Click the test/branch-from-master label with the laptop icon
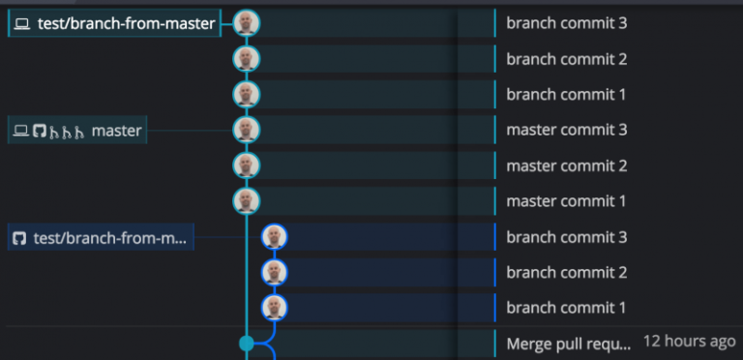pyautogui.click(x=126, y=24)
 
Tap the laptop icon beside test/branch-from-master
pyautogui.click(x=22, y=24)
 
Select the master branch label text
pyautogui.click(x=116, y=131)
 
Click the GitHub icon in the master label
pyautogui.click(x=40, y=131)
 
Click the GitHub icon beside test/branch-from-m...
pyautogui.click(x=19, y=237)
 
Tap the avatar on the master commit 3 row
pyautogui.click(x=247, y=130)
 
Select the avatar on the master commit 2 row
pyautogui.click(x=247, y=165)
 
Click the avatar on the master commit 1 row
pyautogui.click(x=247, y=201)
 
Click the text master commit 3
pyautogui.click(x=567, y=130)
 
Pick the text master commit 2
pyautogui.click(x=567, y=165)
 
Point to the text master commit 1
pyautogui.click(x=567, y=201)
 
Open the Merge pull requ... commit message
pyautogui.click(x=569, y=343)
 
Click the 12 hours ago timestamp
pyautogui.click(x=689, y=342)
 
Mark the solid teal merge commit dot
pyautogui.click(x=247, y=343)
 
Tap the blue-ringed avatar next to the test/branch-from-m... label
pyautogui.click(x=275, y=237)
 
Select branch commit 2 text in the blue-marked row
pyautogui.click(x=567, y=272)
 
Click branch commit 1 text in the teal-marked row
pyautogui.click(x=567, y=95)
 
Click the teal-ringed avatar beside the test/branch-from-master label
pyautogui.click(x=247, y=23)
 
